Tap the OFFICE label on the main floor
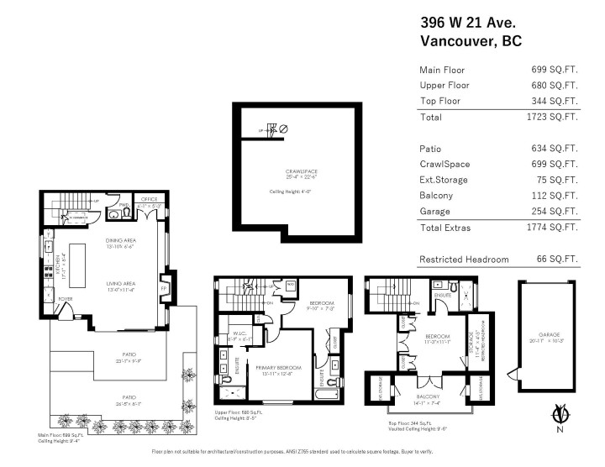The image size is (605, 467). pos(150,199)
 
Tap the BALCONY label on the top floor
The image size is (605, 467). pos(429,397)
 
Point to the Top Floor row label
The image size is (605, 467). pos(441,101)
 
